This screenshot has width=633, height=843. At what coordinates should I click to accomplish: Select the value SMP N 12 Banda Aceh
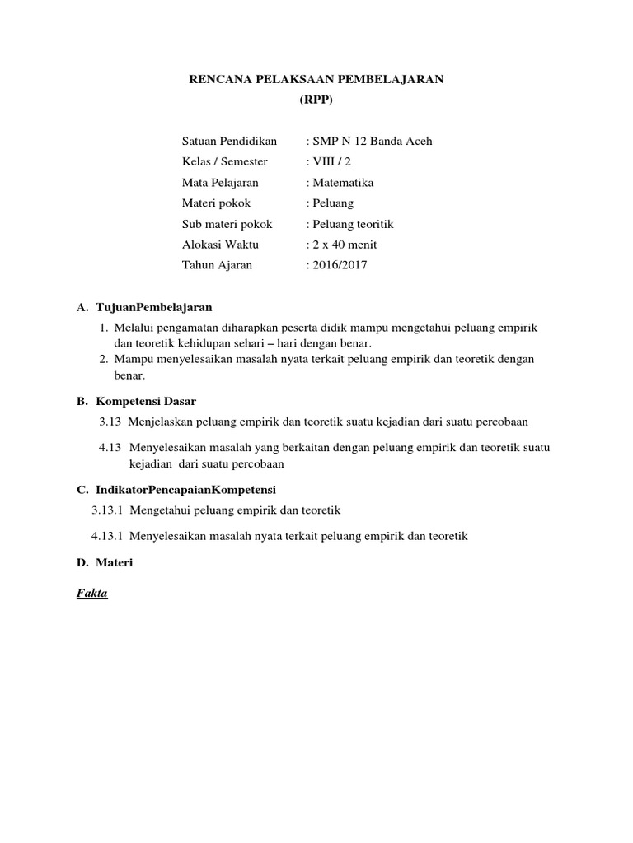tap(371, 141)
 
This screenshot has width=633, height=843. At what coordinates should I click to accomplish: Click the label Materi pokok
tap(216, 203)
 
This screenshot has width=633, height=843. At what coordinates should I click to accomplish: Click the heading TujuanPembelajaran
tap(154, 307)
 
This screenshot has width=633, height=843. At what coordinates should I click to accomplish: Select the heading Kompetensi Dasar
tap(146, 401)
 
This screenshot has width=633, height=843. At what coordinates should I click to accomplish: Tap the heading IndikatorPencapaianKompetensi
tap(190, 489)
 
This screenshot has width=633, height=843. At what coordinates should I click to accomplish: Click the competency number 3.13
tap(110, 421)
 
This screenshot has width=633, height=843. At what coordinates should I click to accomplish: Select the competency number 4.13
tap(110, 447)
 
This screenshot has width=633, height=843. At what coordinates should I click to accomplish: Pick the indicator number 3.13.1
tap(107, 510)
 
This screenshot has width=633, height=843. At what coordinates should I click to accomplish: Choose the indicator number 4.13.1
tap(107, 536)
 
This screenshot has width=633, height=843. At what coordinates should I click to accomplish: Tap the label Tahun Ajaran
tap(217, 265)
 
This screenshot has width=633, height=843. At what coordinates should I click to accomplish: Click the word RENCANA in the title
tap(218, 79)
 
